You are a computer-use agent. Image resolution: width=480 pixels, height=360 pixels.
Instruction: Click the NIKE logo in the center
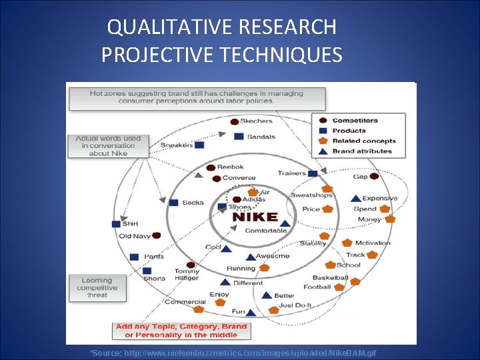[x=253, y=217]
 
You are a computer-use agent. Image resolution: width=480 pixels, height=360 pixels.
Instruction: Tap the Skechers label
[x=256, y=121]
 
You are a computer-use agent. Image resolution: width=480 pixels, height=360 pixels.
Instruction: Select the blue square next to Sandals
[x=239, y=137]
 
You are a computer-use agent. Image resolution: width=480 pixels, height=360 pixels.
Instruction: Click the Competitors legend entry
[x=355, y=121]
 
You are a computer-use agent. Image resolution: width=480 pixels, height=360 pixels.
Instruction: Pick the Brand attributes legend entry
[x=362, y=151]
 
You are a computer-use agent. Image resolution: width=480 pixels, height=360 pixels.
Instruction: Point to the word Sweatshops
[x=311, y=195]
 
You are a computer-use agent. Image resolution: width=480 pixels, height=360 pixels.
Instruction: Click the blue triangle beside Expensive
[x=356, y=198]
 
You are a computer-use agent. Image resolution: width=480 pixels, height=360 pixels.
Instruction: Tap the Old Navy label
[x=135, y=236]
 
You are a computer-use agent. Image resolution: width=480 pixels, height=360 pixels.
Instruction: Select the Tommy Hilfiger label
[x=187, y=275]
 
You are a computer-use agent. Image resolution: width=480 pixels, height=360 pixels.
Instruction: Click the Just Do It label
[x=295, y=305]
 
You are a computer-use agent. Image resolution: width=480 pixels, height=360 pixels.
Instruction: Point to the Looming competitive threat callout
[x=97, y=288]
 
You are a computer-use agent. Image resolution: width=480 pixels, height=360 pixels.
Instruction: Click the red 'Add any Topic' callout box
[x=181, y=331]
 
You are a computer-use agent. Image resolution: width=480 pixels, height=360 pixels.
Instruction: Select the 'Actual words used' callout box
[x=108, y=146]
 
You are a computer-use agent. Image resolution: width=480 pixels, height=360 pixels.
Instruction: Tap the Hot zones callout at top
[x=196, y=97]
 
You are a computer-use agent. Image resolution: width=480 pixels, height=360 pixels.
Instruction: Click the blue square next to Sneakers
[x=199, y=145]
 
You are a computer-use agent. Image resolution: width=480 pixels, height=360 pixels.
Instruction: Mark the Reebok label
[x=231, y=167]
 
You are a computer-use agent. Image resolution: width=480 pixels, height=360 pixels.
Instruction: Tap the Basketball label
[x=330, y=278]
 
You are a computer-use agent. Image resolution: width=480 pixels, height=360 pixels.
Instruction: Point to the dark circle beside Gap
[x=374, y=177]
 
